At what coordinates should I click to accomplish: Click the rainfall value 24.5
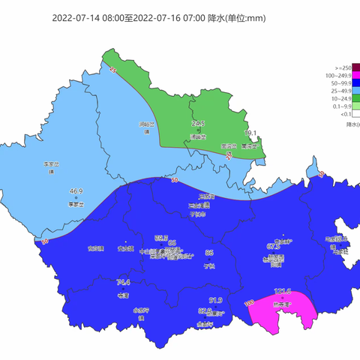point(198,123)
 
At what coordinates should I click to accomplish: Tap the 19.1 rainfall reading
point(251,133)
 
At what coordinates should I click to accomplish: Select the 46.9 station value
point(76,192)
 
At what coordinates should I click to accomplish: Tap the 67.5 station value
point(274,246)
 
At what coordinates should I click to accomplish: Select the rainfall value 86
point(209,253)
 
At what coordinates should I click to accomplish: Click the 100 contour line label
point(249,302)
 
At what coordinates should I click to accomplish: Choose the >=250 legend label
point(338,67)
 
